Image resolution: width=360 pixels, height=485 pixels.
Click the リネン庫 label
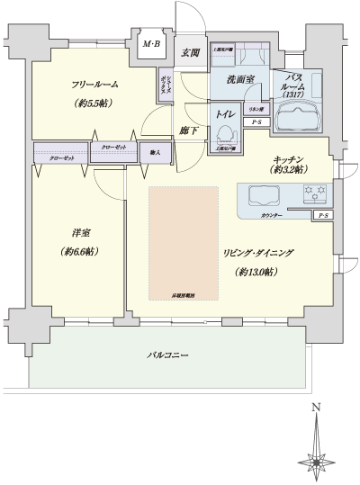tap(256, 109)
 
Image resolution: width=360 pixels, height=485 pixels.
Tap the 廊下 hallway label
tap(187, 130)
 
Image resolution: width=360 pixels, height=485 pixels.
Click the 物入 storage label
tap(155, 153)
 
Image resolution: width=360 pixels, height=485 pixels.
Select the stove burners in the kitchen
tap(315, 191)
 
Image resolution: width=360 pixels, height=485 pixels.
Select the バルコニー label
tap(168, 356)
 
